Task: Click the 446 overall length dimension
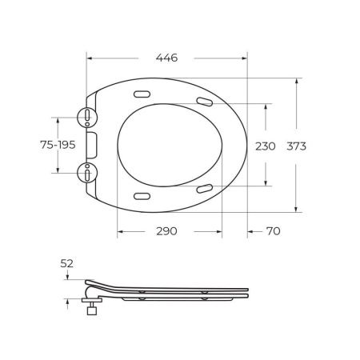pyautogui.click(x=166, y=58)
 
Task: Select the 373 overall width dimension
pyautogui.click(x=296, y=146)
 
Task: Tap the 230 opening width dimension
pyautogui.click(x=266, y=146)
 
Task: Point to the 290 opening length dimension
pyautogui.click(x=166, y=231)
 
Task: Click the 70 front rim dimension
pyautogui.click(x=274, y=231)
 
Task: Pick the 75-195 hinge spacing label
pyautogui.click(x=58, y=145)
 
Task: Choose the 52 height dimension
pyautogui.click(x=66, y=263)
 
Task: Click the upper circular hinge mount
pyautogui.click(x=87, y=118)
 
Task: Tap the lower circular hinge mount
pyautogui.click(x=87, y=173)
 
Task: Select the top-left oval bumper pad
pyautogui.click(x=142, y=94)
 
